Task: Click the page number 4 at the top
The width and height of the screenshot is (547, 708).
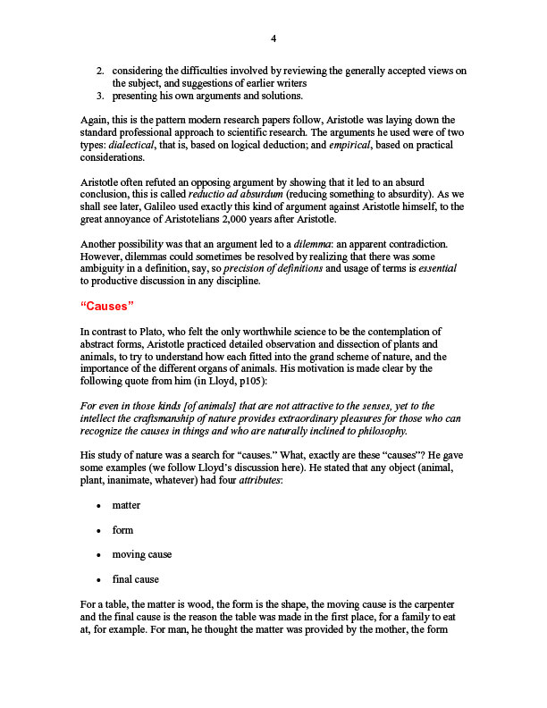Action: tap(273, 38)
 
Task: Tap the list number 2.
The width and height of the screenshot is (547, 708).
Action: tap(101, 71)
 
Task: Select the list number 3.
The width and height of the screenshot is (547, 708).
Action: tap(101, 96)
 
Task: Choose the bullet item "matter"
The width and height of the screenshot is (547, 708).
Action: tap(126, 505)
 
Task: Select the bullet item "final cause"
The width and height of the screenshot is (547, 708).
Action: tap(135, 579)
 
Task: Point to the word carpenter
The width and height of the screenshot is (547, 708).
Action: tap(431, 604)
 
